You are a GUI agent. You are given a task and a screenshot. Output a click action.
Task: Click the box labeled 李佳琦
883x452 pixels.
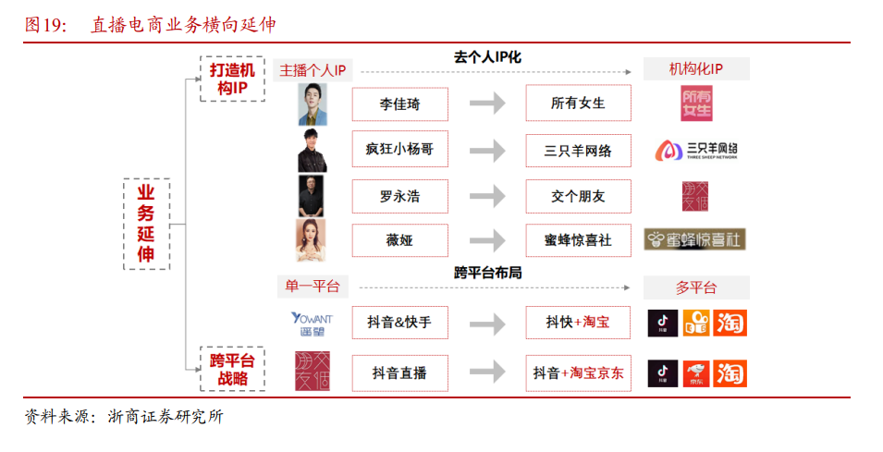tap(399, 104)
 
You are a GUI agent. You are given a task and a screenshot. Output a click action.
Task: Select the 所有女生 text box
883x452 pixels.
tap(578, 104)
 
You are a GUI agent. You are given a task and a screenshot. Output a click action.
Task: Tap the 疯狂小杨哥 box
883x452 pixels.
tap(399, 150)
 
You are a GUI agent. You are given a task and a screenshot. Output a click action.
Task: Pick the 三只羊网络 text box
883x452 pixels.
tap(578, 150)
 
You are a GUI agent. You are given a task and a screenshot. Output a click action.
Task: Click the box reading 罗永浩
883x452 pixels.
tap(399, 196)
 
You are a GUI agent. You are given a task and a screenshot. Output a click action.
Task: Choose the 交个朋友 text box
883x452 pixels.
tap(578, 196)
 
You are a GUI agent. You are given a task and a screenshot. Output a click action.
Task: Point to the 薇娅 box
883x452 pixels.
tap(399, 240)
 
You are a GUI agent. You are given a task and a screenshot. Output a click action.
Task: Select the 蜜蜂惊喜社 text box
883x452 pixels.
tap(578, 240)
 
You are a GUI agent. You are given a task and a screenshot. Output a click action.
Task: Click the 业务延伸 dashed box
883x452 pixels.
tap(146, 223)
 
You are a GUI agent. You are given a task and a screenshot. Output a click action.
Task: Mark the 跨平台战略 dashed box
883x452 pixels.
tap(232, 369)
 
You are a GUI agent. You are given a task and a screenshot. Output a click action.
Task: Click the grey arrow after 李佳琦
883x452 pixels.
tap(487, 104)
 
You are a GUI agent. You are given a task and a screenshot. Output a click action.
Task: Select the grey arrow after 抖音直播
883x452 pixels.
tap(487, 373)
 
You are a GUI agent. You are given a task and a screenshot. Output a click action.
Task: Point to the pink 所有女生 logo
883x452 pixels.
tap(696, 104)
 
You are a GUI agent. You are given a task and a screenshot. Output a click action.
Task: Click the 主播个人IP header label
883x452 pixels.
tap(312, 70)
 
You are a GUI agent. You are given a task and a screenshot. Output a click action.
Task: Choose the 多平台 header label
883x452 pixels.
tap(696, 287)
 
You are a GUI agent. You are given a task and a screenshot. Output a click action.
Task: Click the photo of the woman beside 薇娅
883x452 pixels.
tap(312, 240)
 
